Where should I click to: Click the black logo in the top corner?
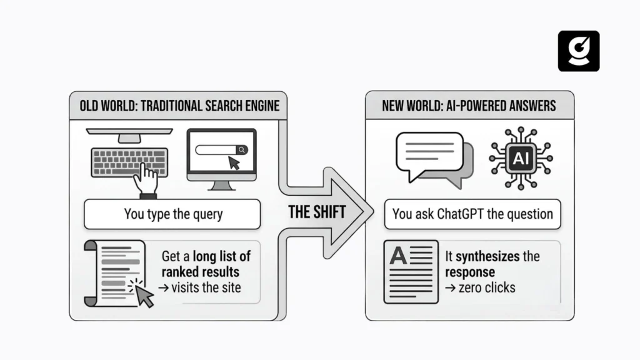click(x=578, y=51)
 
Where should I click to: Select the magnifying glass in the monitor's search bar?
click(x=241, y=150)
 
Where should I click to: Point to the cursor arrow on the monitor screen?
click(x=235, y=163)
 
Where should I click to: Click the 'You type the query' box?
click(x=172, y=214)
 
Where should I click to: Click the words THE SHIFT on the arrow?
click(x=317, y=211)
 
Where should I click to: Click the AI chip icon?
click(x=520, y=159)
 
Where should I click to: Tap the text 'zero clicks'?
click(x=486, y=287)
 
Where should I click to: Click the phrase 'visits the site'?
click(x=206, y=287)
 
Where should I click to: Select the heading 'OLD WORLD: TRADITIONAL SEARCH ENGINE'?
click(x=179, y=105)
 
